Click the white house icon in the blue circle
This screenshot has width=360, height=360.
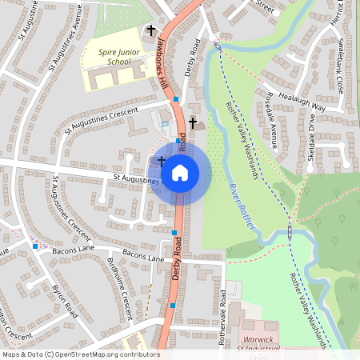(x=180, y=172)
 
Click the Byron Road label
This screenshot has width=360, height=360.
(x=65, y=297)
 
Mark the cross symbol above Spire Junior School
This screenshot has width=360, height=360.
(x=150, y=30)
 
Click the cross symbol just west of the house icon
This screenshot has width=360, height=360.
(x=161, y=162)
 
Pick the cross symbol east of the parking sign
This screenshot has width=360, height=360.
(x=192, y=122)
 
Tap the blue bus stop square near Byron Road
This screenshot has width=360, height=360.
(x=35, y=246)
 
